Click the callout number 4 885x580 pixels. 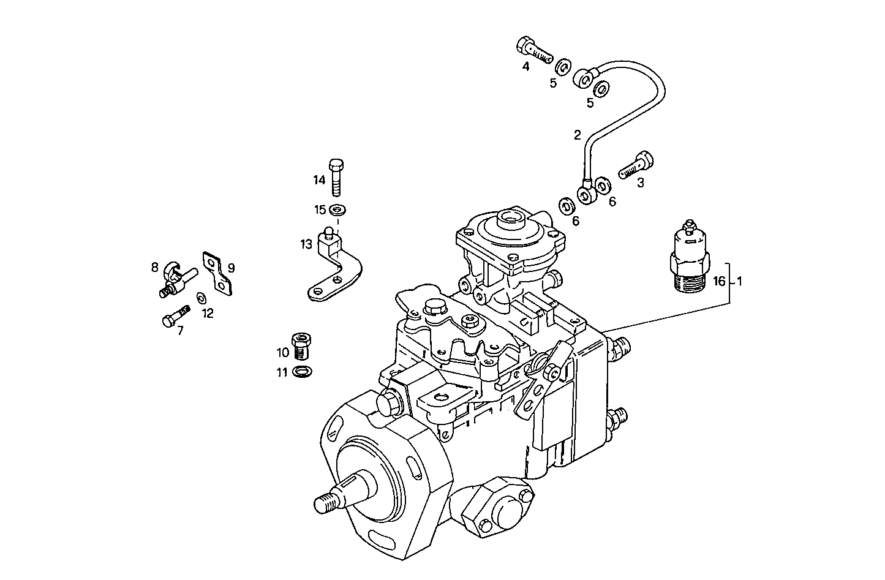525,67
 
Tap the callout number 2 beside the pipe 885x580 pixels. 577,135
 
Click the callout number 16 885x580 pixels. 719,282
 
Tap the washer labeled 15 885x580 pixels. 336,210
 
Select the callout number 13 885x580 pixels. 306,245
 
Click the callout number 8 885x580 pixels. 155,267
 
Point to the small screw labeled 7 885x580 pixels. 175,317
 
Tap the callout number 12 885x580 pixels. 208,314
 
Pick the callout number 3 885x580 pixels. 641,183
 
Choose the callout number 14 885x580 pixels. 319,180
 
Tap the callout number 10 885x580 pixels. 282,353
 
